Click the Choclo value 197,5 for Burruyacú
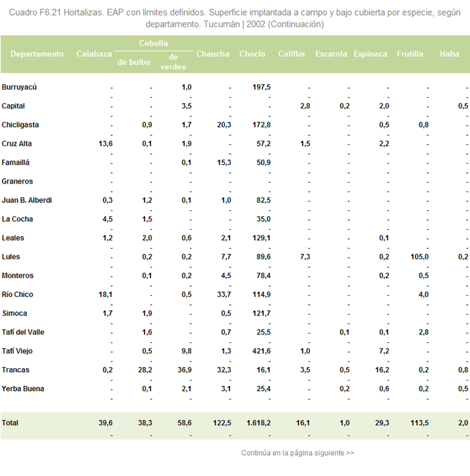pos(261,87)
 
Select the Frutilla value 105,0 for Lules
pos(420,257)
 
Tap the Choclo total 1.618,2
pos(258,423)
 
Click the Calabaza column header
pos(94,54)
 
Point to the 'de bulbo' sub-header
pos(134,62)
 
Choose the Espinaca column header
pos(370,54)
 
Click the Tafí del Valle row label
pos(23,332)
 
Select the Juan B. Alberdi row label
pos(27,200)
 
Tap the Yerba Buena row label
pos(23,389)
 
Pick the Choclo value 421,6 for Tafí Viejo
pos(261,351)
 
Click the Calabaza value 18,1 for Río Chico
pos(105,294)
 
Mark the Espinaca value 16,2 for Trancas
pos(382,370)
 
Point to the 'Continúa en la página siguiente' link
pos(297,453)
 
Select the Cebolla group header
pos(153,43)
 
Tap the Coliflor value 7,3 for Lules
pos(305,257)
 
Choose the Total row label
pos(10,423)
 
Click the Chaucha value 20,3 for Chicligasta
pos(224,125)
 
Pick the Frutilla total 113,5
pos(420,423)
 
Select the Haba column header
pos(449,54)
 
